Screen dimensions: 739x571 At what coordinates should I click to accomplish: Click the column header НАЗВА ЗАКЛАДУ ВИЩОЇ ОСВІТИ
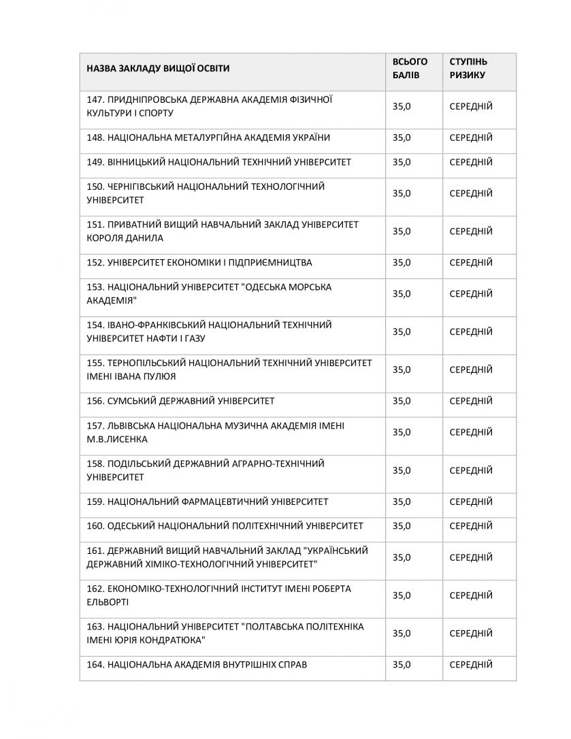[158, 69]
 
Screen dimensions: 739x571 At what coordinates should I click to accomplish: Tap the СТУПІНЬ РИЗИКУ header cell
[468, 69]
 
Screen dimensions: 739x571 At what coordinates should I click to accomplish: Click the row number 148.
[95, 137]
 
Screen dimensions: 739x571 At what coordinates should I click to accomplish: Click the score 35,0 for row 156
[402, 401]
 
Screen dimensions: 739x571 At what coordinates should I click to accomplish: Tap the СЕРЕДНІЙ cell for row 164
[470, 664]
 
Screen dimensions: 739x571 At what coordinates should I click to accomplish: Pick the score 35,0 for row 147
[402, 106]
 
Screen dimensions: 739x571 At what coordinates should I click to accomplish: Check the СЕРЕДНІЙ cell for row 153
[470, 293]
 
